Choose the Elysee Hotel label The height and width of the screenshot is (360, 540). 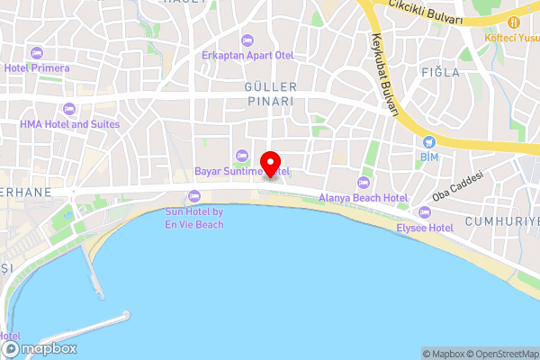pyautogui.click(x=425, y=228)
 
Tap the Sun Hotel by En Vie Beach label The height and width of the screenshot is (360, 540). pyautogui.click(x=193, y=218)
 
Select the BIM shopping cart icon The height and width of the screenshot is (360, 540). pyautogui.click(x=428, y=141)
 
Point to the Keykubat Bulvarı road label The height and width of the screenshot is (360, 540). pyautogui.click(x=384, y=76)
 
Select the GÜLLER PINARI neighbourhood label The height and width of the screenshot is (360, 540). pyautogui.click(x=270, y=94)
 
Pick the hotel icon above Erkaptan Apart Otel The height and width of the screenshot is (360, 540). pyautogui.click(x=247, y=39)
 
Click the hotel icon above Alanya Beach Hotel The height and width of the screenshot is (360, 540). pyautogui.click(x=364, y=183)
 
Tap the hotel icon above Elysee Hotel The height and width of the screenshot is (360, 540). pyautogui.click(x=425, y=213)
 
